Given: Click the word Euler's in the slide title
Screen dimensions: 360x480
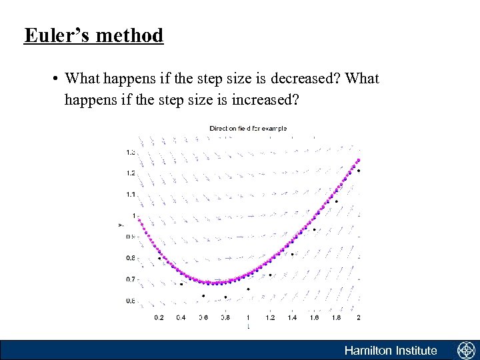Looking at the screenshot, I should pyautogui.click(x=53, y=35).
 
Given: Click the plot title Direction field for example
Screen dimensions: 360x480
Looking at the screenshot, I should pyautogui.click(x=248, y=128).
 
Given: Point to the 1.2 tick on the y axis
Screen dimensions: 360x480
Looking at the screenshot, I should pyautogui.click(x=131, y=173).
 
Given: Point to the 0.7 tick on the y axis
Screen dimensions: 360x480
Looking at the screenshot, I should pyautogui.click(x=131, y=279).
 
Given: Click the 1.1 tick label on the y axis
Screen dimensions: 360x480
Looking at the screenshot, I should pyautogui.click(x=131, y=195).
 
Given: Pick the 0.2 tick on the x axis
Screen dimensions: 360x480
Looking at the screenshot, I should pyautogui.click(x=159, y=318).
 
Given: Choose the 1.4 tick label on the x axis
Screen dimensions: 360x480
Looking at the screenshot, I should pyautogui.click(x=292, y=318).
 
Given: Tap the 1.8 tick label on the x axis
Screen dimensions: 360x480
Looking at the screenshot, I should pyautogui.click(x=336, y=318).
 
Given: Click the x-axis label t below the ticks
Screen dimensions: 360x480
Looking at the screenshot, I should pyautogui.click(x=248, y=327).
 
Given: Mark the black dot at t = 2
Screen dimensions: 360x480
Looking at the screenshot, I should pyautogui.click(x=359, y=171).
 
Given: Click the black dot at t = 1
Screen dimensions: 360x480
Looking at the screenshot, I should pyautogui.click(x=248, y=289).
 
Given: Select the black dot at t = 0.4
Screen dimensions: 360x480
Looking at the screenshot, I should pyautogui.click(x=181, y=284).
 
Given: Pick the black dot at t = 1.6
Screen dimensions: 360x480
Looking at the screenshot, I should pyautogui.click(x=314, y=230).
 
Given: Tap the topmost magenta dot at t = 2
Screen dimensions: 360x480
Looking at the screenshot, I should pyautogui.click(x=359, y=160).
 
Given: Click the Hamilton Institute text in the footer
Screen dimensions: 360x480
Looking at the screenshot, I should pyautogui.click(x=391, y=351).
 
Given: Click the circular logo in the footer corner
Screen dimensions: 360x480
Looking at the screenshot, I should pyautogui.click(x=465, y=351).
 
